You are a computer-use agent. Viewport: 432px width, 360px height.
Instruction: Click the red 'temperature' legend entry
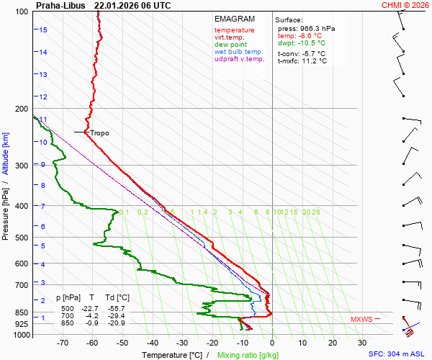pos(234,30)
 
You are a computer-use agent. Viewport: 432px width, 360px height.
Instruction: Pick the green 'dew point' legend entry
pos(230,45)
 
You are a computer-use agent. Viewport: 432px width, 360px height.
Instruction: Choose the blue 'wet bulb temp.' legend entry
pos(238,52)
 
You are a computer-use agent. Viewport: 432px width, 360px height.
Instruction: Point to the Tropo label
pos(99,132)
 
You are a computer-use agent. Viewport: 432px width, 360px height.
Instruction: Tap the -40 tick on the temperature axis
pos(152,343)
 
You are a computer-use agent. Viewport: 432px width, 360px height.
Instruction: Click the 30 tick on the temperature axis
pos(362,343)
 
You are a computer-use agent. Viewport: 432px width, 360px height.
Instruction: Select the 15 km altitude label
pos(43,30)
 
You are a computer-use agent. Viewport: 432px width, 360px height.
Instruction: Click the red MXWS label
pos(361,319)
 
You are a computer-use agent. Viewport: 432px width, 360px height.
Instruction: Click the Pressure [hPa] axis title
pos(6,208)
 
